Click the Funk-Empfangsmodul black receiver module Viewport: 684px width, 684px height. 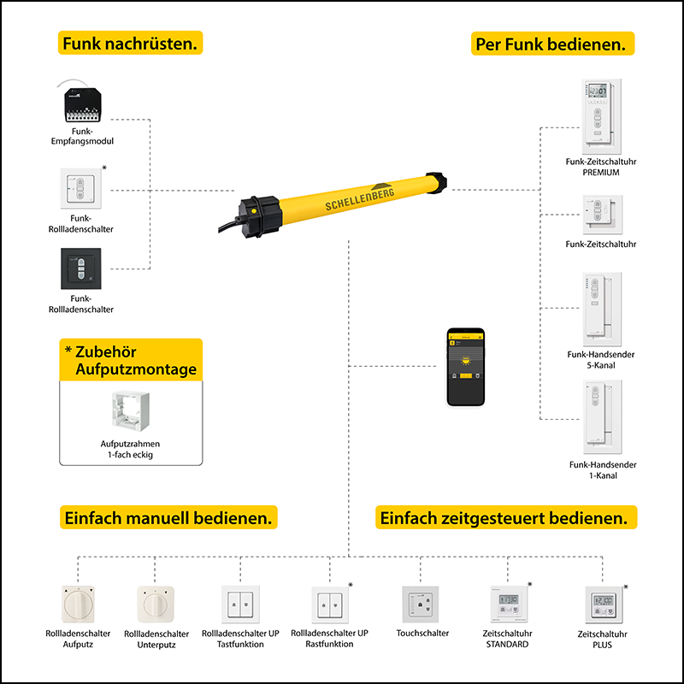coord(83,103)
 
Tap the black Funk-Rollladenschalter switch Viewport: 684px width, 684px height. coord(81,268)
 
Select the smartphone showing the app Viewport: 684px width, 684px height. coord(466,367)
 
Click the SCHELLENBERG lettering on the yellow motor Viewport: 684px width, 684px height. coord(360,199)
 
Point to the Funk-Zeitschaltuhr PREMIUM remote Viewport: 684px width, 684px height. coord(602,116)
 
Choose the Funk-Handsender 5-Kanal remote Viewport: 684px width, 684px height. coord(602,310)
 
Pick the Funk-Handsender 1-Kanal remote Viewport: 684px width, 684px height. coord(603,417)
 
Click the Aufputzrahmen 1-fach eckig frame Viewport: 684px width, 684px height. coord(131,411)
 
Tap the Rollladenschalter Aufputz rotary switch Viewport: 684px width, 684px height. coord(79,604)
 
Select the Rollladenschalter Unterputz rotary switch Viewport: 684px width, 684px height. coord(156,604)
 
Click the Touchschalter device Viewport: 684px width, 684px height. coord(420,604)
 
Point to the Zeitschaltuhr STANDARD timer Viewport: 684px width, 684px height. coord(509,604)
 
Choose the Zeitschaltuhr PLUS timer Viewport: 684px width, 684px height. coord(604,605)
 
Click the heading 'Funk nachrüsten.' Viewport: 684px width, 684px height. coord(130,44)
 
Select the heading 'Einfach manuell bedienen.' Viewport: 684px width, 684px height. coord(168,518)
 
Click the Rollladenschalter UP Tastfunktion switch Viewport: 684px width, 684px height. coord(241,604)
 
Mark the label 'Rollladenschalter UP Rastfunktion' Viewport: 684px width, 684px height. coord(329,639)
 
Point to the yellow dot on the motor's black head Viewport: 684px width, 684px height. coord(253,210)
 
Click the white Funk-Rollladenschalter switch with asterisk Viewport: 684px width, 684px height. coord(80,188)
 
